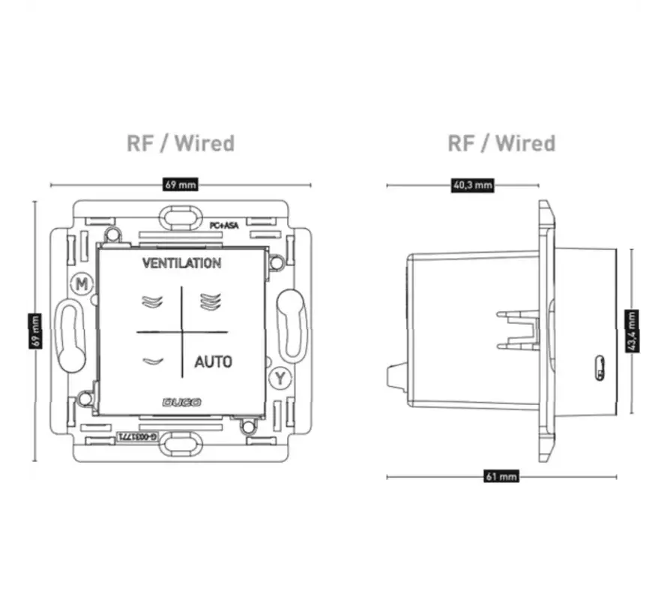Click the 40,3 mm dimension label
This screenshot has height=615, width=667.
coord(472,185)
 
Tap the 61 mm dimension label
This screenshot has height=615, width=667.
coord(501,476)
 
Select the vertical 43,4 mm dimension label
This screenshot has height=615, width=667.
coord(632,330)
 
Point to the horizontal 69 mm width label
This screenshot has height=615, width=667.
coord(181,184)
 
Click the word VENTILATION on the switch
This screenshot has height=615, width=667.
coord(181,263)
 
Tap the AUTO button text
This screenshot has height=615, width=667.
coord(213,362)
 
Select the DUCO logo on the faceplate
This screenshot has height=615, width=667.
coord(181,403)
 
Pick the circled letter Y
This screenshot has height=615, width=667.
coord(279,378)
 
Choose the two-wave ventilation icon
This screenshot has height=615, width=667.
coord(151,301)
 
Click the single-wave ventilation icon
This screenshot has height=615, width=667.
coord(151,361)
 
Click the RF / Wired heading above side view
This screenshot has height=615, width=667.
coord(501,143)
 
